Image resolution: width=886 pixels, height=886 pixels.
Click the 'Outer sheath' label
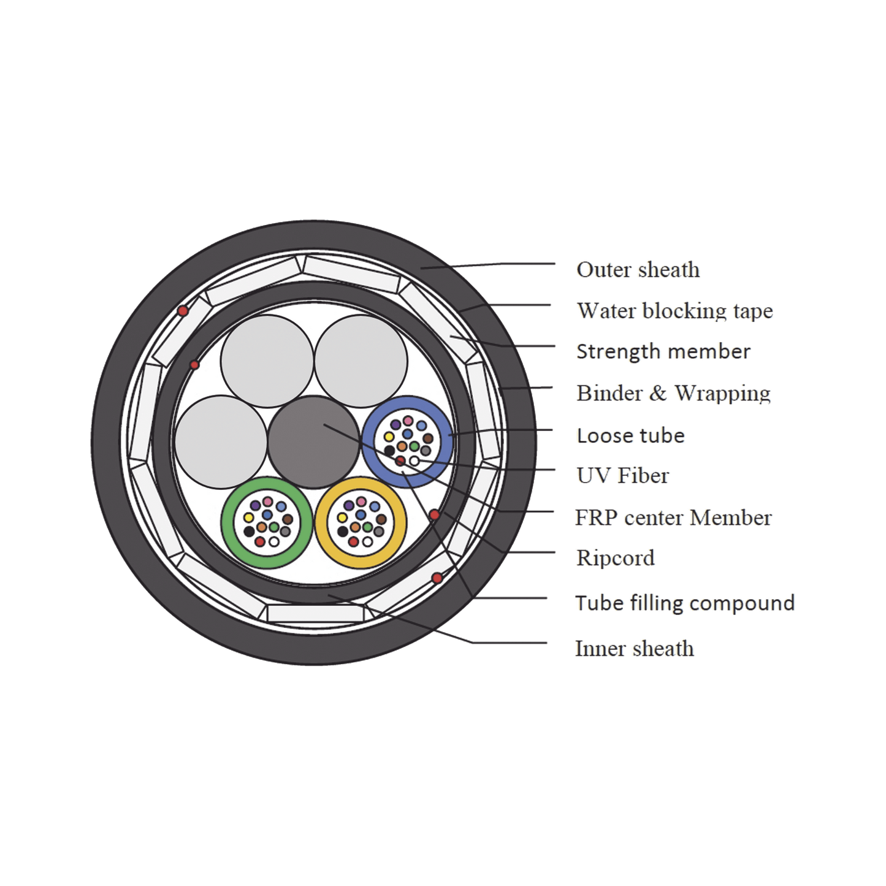click(638, 269)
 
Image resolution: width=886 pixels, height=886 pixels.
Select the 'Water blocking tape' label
click(675, 311)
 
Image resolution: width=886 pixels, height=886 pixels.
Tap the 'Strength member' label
click(663, 351)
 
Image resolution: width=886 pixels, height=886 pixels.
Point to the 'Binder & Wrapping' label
click(673, 393)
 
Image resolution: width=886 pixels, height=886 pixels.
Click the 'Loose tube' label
click(630, 435)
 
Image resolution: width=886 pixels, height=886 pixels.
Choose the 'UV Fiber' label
click(622, 475)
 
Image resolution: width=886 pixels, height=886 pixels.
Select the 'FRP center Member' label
click(673, 517)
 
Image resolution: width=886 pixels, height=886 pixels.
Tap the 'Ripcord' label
click(615, 558)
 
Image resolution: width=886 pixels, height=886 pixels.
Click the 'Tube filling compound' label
click(685, 603)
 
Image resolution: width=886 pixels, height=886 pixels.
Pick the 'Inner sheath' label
click(635, 649)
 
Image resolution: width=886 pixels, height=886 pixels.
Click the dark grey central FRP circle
click(314, 441)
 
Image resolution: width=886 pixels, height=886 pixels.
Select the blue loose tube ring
click(407, 442)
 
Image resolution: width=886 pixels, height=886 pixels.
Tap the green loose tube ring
click(267, 523)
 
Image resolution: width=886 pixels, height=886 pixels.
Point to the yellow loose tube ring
click(361, 523)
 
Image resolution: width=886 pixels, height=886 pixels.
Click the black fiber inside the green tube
click(249, 532)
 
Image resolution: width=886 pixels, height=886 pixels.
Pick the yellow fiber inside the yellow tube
click(342, 517)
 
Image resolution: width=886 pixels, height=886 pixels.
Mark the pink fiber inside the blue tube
click(408, 420)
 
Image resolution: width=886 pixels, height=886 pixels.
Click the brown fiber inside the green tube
click(288, 519)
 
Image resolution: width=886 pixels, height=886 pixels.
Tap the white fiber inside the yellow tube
click(367, 541)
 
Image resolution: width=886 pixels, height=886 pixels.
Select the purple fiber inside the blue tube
click(395, 424)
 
